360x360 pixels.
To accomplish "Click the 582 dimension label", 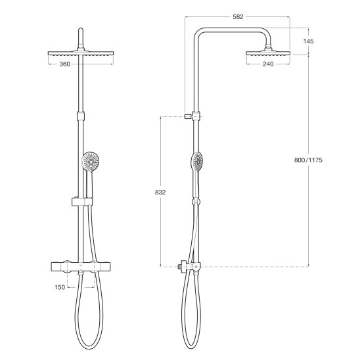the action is pyautogui.click(x=238, y=17).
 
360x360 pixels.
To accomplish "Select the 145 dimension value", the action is pyautogui.click(x=308, y=41).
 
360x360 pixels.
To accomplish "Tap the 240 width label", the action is pyautogui.click(x=268, y=64).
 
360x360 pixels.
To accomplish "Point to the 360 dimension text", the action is pyautogui.click(x=65, y=64).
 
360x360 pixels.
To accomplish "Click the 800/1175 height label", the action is pyautogui.click(x=308, y=160).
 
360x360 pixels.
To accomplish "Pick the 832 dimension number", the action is pyautogui.click(x=160, y=192).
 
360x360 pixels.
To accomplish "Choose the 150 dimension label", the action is pyautogui.click(x=60, y=287).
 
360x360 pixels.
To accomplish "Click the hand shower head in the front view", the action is pyautogui.click(x=91, y=162).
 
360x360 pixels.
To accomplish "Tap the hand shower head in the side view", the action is pyautogui.click(x=198, y=161).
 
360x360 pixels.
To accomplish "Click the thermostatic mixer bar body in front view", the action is pyautogui.click(x=81, y=267).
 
